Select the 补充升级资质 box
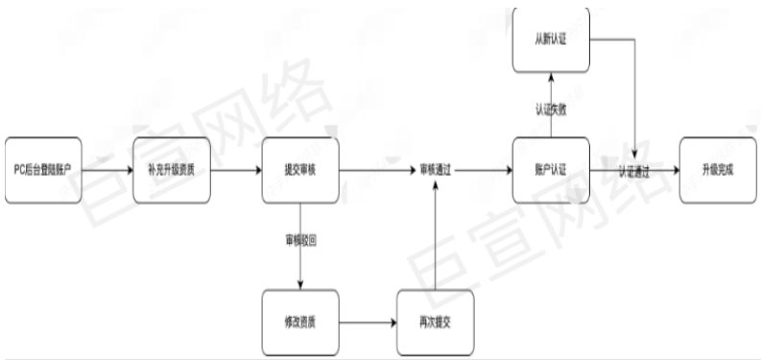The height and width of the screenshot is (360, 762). click(171, 170)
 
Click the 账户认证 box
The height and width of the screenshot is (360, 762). click(550, 170)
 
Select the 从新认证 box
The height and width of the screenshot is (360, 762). click(550, 39)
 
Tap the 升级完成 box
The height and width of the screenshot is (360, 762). click(717, 170)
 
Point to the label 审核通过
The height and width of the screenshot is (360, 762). click(436, 170)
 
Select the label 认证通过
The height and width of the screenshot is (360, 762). click(633, 170)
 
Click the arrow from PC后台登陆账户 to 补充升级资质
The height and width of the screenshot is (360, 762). click(107, 170)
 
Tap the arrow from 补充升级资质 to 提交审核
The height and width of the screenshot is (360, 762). click(236, 170)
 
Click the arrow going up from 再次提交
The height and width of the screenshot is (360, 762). click(436, 240)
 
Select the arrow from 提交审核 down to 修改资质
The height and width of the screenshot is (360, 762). click(301, 269)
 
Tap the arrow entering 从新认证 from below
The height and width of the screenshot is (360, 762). click(550, 86)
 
